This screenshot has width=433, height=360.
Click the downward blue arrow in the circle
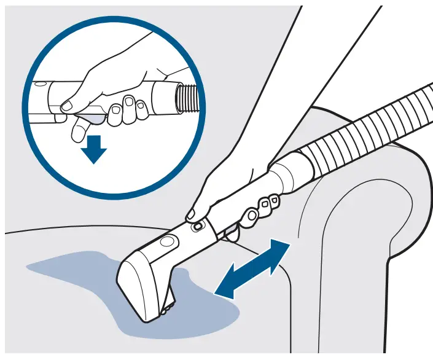93,149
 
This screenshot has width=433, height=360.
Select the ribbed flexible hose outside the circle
369,123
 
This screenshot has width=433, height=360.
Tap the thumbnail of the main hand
191,214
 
